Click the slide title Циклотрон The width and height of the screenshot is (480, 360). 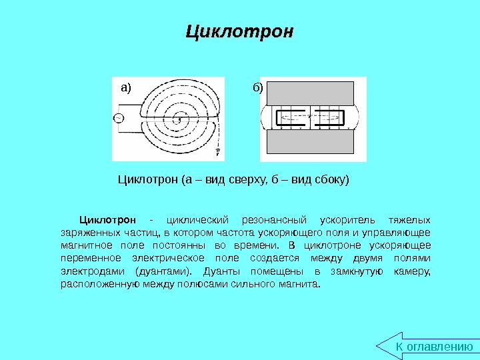(239, 32)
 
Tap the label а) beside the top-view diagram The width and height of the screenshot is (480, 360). (126, 88)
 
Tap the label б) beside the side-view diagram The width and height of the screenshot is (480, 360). (258, 88)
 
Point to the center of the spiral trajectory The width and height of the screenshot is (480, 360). (179, 119)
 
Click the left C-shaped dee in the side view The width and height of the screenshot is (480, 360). (291, 117)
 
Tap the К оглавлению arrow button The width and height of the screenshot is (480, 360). (430, 346)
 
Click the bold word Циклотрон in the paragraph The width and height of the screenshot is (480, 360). (107, 219)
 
